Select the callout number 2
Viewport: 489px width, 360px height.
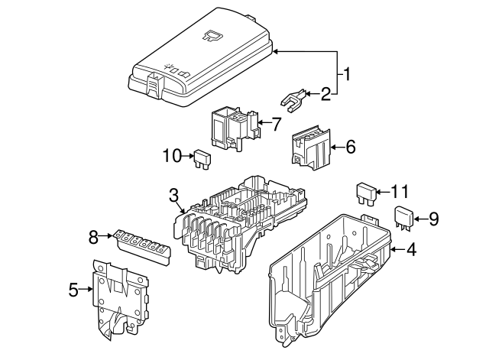pyautogui.click(x=326, y=95)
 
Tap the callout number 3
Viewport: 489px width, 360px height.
pyautogui.click(x=174, y=194)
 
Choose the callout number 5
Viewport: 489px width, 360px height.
pyautogui.click(x=73, y=289)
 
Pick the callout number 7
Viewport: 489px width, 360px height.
pyautogui.click(x=277, y=122)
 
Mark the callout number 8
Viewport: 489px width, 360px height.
pyautogui.click(x=93, y=237)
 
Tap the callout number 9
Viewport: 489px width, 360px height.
pyautogui.click(x=433, y=219)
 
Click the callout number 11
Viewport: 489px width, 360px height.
pyautogui.click(x=400, y=191)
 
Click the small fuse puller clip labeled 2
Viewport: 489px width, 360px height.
pyautogui.click(x=293, y=99)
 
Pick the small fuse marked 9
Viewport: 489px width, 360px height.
pyautogui.click(x=403, y=217)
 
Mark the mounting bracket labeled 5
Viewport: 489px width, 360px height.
pyautogui.click(x=119, y=298)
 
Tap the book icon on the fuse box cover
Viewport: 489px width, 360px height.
pyautogui.click(x=212, y=34)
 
